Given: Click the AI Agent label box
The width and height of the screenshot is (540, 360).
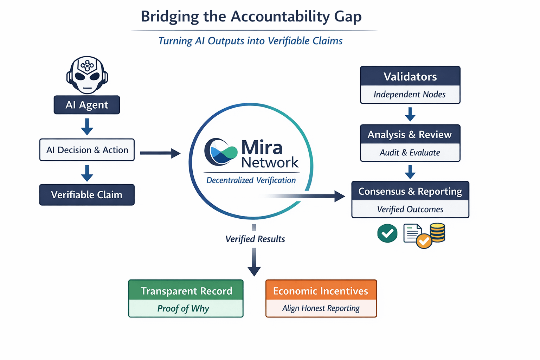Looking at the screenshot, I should (87, 105).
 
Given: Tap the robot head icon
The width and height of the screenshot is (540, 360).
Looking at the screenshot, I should (87, 75).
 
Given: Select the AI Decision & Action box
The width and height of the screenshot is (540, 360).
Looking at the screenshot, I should (87, 150).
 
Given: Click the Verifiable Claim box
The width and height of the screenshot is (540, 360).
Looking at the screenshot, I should (87, 195).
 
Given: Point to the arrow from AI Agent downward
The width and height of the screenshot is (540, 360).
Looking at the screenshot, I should (87, 127).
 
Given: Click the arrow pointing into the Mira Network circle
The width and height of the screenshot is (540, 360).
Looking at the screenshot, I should (160, 153).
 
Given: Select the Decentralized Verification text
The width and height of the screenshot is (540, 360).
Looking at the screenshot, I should (251, 180).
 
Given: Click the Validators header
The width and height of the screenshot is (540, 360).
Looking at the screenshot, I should (410, 76).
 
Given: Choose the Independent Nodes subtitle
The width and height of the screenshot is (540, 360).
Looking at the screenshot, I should (410, 95).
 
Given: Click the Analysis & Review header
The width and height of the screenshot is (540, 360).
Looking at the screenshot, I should (410, 134).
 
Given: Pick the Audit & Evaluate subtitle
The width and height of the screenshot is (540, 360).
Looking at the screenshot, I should (410, 153).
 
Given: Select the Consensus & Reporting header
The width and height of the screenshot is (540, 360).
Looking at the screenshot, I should (410, 191).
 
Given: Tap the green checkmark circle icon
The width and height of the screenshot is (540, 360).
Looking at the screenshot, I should (387, 233).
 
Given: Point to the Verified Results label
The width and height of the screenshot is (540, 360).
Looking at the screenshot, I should (255, 239).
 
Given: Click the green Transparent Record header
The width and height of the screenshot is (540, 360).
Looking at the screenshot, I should (186, 290).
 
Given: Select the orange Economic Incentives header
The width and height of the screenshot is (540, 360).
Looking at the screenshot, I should (321, 290).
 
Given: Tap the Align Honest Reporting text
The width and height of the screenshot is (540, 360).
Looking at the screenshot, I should (321, 308).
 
